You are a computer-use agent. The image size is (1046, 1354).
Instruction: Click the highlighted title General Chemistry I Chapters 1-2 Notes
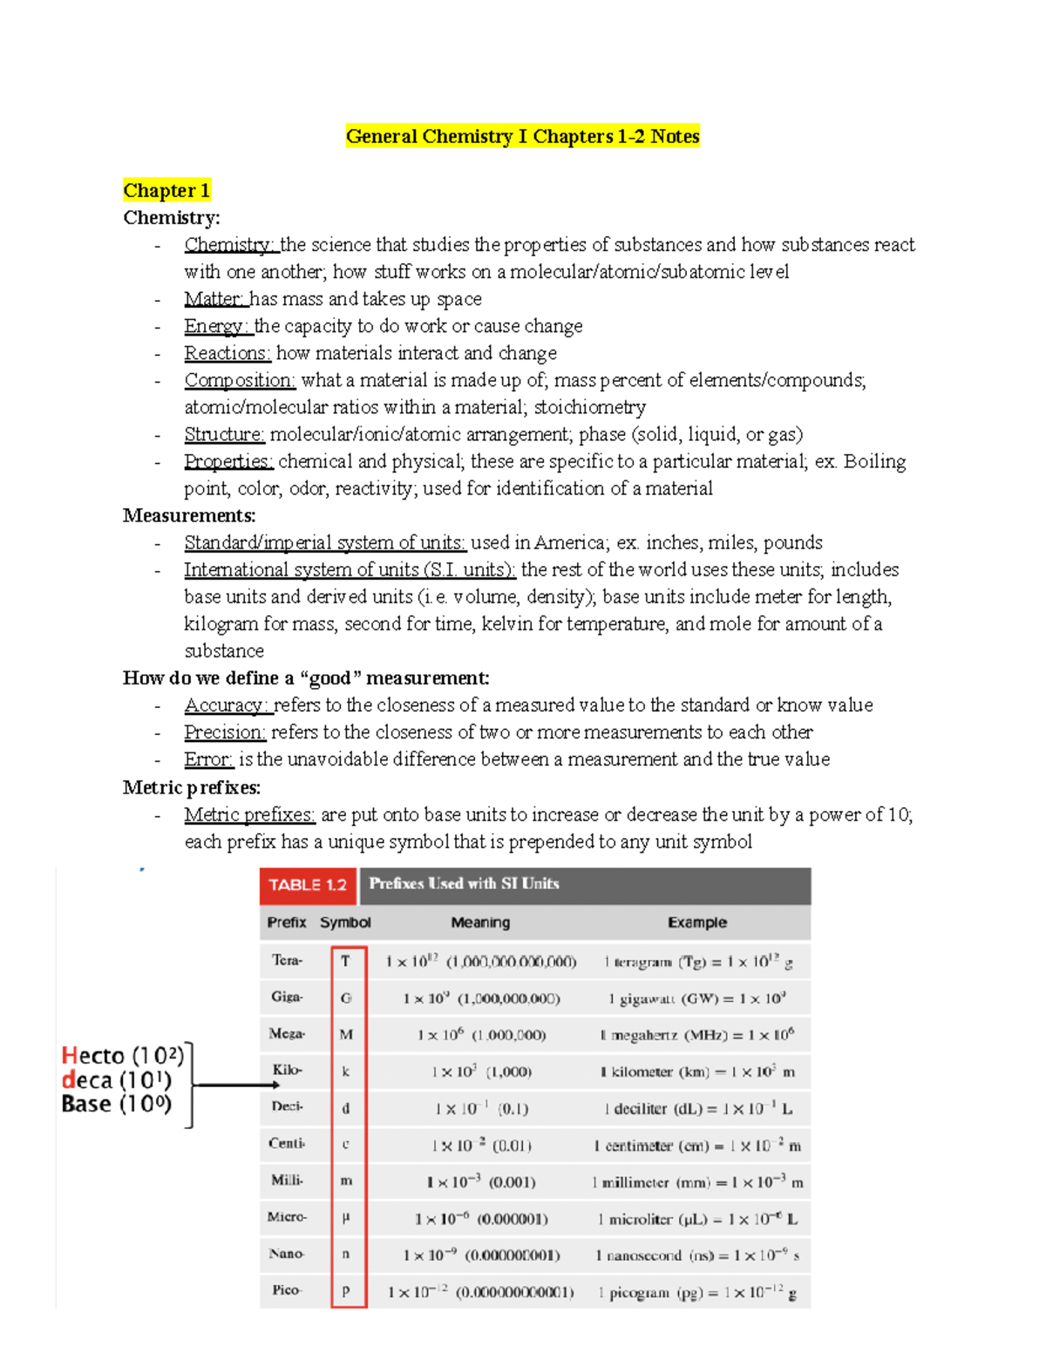522,136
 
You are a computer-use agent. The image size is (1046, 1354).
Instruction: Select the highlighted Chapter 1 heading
166,190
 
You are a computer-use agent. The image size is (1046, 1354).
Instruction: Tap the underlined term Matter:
214,299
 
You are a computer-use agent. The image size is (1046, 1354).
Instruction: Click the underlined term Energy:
217,326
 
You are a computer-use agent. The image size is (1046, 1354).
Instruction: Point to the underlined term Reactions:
228,353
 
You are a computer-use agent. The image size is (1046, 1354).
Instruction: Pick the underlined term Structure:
224,434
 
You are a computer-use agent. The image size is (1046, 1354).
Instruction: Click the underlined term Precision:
224,732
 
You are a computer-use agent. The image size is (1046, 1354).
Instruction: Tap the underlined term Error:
208,759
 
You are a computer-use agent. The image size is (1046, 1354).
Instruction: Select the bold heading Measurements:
189,515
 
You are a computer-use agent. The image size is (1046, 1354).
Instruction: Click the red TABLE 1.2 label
308,885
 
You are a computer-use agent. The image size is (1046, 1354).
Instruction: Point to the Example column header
697,922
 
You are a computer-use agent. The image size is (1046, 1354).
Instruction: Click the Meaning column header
480,922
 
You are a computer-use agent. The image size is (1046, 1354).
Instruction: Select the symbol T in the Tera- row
346,961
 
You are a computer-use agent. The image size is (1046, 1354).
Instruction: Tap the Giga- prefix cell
287,997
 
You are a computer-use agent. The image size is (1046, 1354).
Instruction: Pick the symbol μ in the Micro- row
346,1217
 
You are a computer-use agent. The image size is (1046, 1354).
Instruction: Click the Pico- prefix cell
286,1290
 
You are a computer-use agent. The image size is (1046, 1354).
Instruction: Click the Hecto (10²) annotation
123,1056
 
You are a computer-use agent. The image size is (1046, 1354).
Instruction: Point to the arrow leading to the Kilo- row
235,1085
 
